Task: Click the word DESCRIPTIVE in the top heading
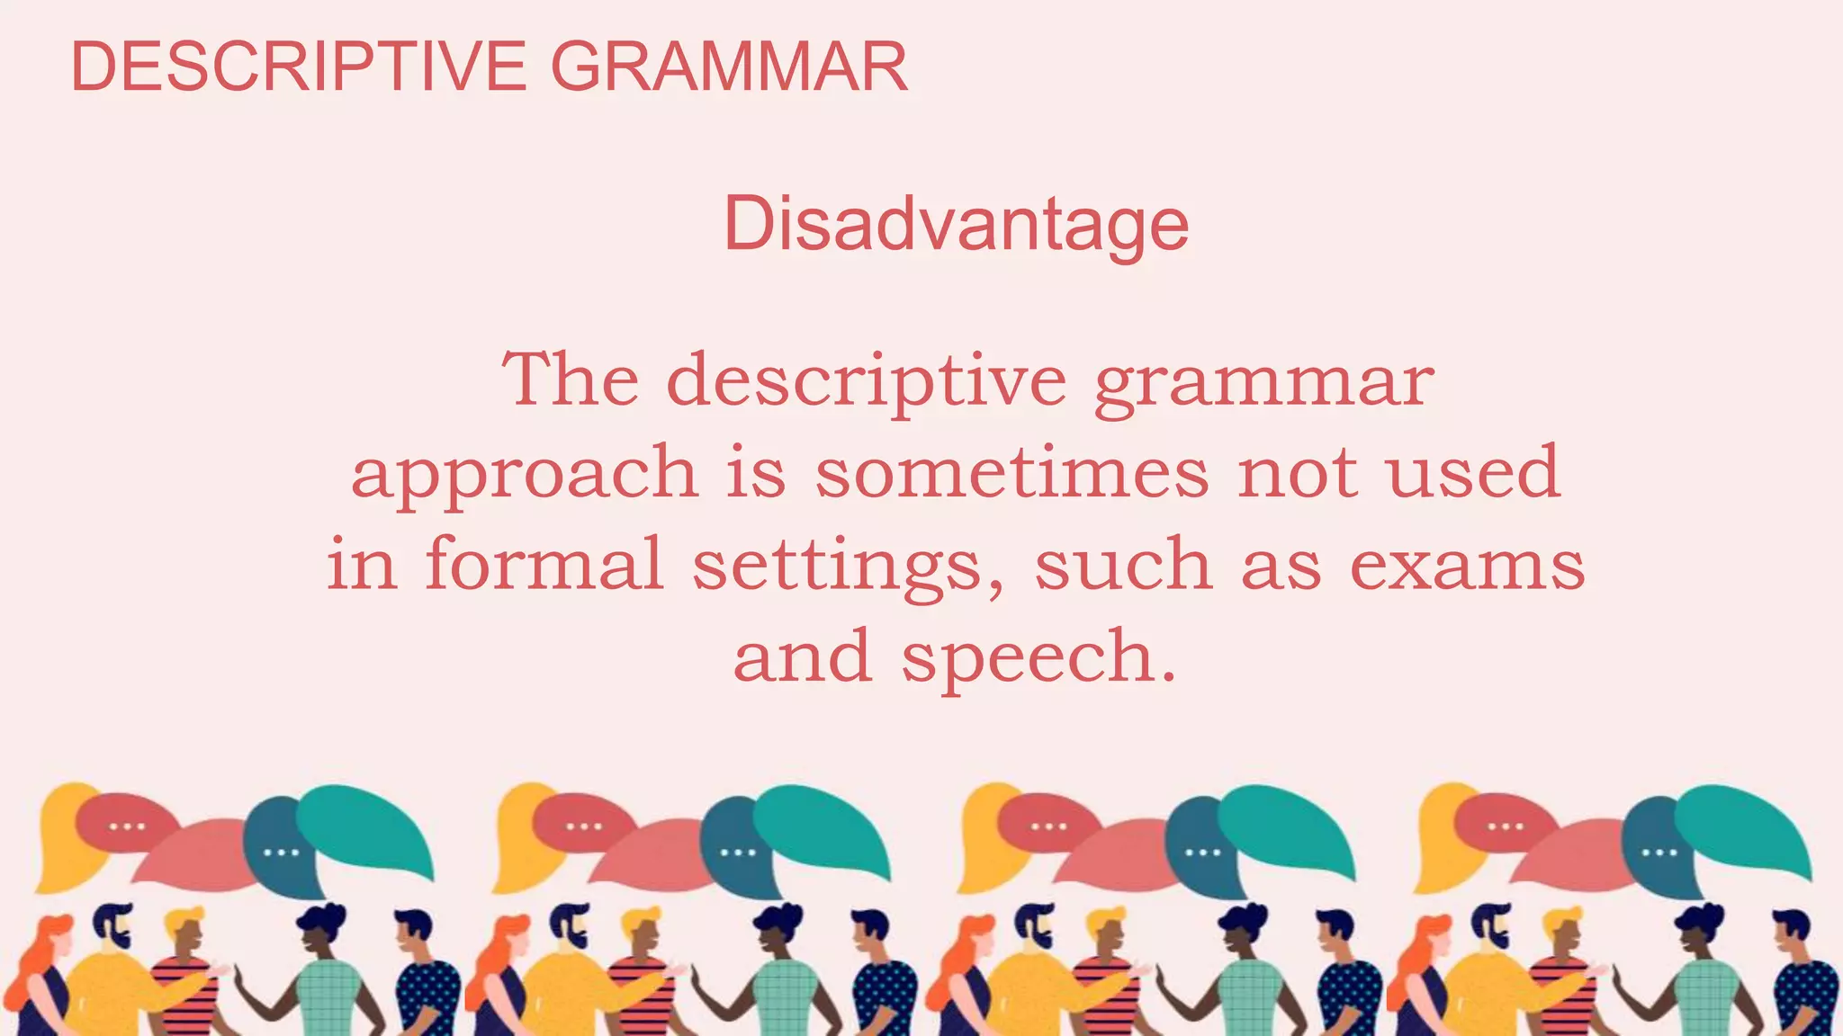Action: coord(298,67)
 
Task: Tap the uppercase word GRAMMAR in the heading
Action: coord(729,67)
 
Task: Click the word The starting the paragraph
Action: coord(571,380)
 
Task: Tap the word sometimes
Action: coord(1011,473)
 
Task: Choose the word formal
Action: coord(544,564)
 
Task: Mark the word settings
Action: coord(838,567)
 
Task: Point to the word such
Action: coord(1123,564)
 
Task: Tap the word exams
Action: coord(1467,566)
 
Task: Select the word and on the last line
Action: coord(803,656)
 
